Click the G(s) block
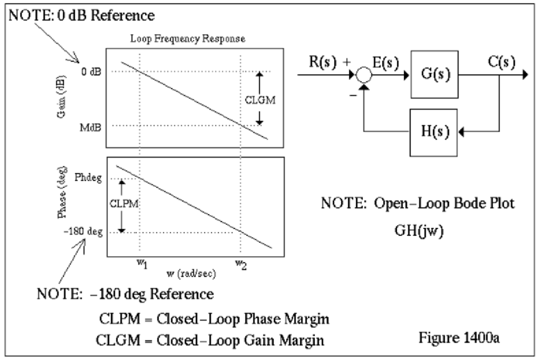(x=434, y=75)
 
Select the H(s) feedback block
(x=434, y=132)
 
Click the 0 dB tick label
(x=91, y=72)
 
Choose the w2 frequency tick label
(x=241, y=263)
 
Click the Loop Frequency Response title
(x=196, y=39)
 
